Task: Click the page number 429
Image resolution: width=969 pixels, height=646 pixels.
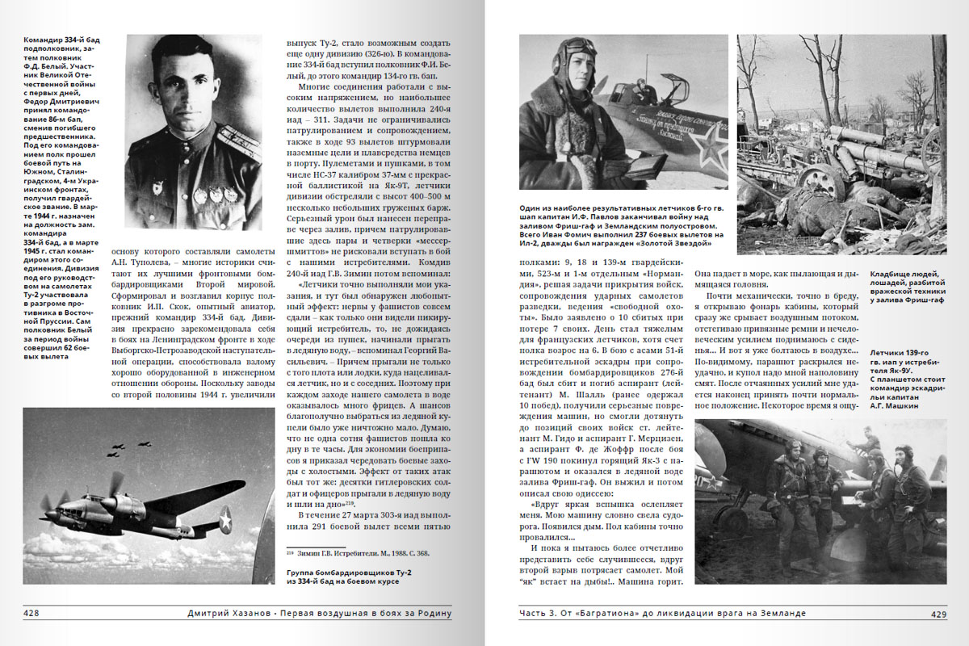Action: (x=938, y=615)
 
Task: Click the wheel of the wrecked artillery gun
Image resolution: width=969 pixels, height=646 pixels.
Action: (x=824, y=182)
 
